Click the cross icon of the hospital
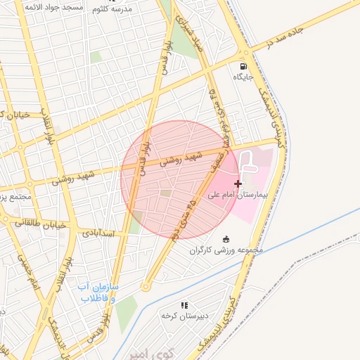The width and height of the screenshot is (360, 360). point(238,184)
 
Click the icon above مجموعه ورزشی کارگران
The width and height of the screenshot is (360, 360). point(225,238)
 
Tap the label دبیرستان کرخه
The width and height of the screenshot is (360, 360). point(184,316)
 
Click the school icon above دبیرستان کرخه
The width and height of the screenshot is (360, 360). point(184,305)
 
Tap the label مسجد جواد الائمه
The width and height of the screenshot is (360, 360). point(53,6)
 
